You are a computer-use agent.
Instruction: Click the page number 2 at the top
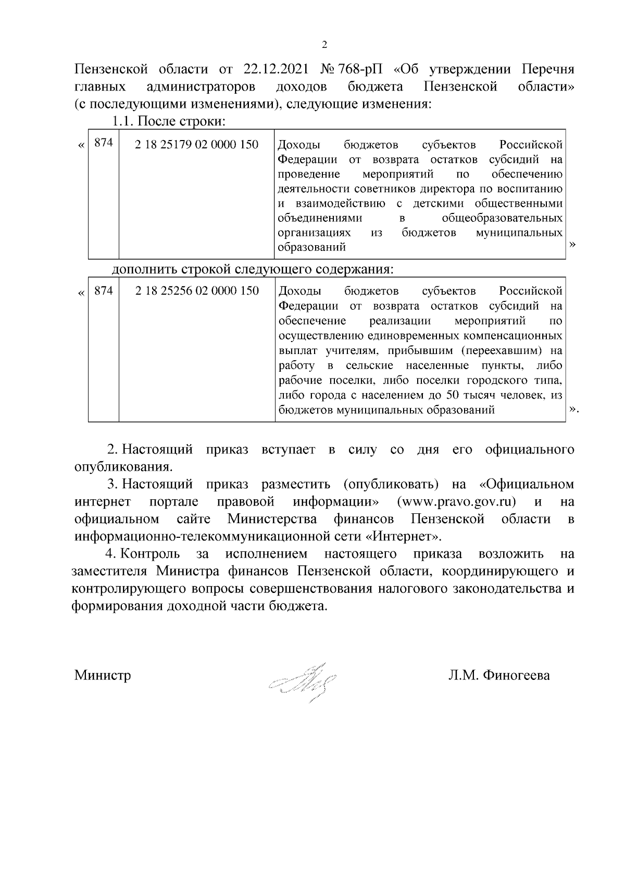pos(324,45)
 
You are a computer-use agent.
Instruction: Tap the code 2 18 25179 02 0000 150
pos(196,144)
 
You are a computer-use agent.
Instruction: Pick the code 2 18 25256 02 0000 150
pos(197,291)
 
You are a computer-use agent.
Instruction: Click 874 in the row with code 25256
pos(104,291)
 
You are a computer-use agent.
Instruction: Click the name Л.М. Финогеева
pos(498,675)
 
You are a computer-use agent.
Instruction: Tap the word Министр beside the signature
pos(103,675)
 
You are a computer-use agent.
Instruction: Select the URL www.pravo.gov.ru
pos(456,502)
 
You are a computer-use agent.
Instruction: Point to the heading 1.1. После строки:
pos(168,122)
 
